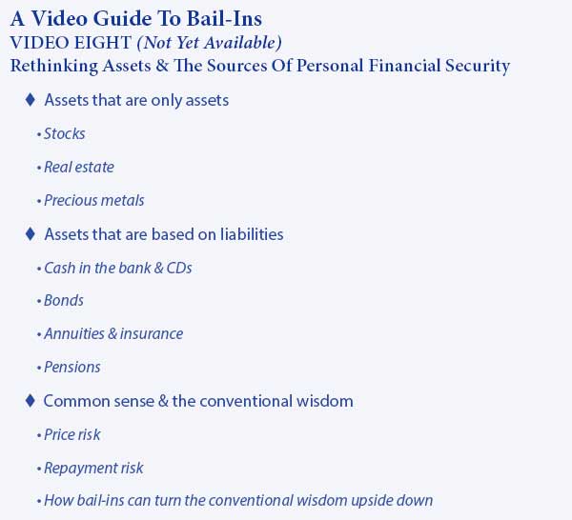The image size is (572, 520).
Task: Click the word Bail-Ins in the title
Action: tap(224, 19)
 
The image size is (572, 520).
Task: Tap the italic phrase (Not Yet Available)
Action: tap(209, 43)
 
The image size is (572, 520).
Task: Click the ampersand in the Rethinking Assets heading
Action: tap(162, 66)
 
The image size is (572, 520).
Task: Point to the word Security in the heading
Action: tap(478, 67)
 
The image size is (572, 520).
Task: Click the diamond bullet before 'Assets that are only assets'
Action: tap(31, 99)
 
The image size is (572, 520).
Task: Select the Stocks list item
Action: tap(64, 133)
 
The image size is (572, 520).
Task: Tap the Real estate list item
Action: tap(79, 168)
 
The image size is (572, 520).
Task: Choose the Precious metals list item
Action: tap(94, 200)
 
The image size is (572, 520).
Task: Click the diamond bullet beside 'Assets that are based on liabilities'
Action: tap(31, 233)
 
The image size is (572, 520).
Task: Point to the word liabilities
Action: tap(252, 234)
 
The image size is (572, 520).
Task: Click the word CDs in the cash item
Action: tap(179, 268)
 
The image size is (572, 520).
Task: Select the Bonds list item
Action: tap(64, 301)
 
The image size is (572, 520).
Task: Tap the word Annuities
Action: tap(74, 333)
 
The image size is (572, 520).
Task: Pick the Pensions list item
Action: tap(71, 367)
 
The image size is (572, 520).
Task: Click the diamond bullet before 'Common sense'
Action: tap(31, 401)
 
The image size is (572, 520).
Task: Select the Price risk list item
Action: tap(71, 434)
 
